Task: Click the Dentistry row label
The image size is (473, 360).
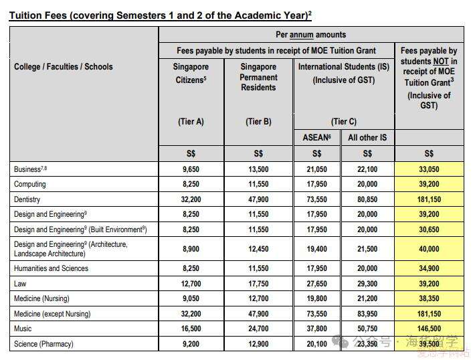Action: [x=27, y=199]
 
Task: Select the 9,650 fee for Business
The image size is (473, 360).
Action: [x=191, y=169]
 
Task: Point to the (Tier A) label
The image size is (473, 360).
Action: [x=191, y=122]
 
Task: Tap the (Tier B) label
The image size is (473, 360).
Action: [x=259, y=122]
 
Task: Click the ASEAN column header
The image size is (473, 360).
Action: [x=318, y=137]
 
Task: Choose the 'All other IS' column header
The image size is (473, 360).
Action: [x=367, y=137]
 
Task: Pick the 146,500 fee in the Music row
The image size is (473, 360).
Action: [x=429, y=329]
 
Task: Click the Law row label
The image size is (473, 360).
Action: [x=21, y=283]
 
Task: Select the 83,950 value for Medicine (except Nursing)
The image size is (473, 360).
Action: [x=367, y=314]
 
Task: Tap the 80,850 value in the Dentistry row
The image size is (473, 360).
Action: [x=367, y=199]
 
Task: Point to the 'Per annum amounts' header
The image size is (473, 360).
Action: [x=311, y=34]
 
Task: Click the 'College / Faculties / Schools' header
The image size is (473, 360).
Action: [x=64, y=67]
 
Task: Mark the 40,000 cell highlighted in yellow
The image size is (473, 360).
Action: [x=429, y=249]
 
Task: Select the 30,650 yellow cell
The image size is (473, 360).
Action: [x=429, y=229]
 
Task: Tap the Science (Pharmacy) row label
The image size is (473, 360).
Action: [x=43, y=344]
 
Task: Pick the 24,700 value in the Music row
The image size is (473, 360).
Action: [x=259, y=329]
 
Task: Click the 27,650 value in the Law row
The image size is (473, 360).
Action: [x=318, y=283]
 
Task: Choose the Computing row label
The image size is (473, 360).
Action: [x=30, y=184]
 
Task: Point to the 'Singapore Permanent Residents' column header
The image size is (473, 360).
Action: [x=259, y=77]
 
